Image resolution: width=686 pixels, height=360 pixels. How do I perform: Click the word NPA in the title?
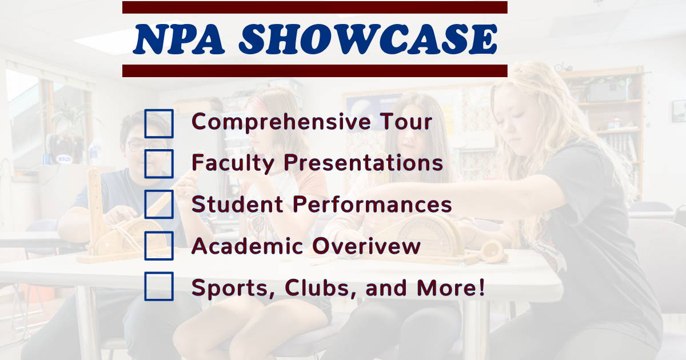[x=179, y=39]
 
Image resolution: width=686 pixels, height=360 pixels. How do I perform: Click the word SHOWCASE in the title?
[x=368, y=39]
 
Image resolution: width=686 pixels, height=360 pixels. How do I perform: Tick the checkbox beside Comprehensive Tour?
[x=159, y=123]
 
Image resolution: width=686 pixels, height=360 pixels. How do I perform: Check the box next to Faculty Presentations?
[x=159, y=164]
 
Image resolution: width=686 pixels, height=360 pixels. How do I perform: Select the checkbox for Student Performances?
[x=159, y=204]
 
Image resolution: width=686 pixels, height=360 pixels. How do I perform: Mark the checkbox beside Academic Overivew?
[x=159, y=246]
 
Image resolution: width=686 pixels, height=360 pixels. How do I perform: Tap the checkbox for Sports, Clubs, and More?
[x=159, y=286]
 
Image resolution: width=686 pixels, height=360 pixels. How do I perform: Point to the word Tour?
[x=406, y=122]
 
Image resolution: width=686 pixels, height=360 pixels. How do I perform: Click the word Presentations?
[x=363, y=162]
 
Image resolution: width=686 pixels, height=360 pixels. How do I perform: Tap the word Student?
[x=237, y=204]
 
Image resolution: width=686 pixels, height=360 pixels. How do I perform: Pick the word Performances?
[x=372, y=204]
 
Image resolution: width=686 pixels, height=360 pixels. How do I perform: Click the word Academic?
[x=248, y=246]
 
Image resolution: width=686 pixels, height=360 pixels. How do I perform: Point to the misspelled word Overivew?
[x=366, y=246]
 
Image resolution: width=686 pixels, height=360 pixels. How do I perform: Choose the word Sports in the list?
[x=233, y=289]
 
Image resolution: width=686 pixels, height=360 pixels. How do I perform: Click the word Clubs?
[x=321, y=289]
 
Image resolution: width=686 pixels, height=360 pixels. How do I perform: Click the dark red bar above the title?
[x=315, y=7]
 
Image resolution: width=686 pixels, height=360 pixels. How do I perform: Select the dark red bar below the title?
[x=315, y=71]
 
